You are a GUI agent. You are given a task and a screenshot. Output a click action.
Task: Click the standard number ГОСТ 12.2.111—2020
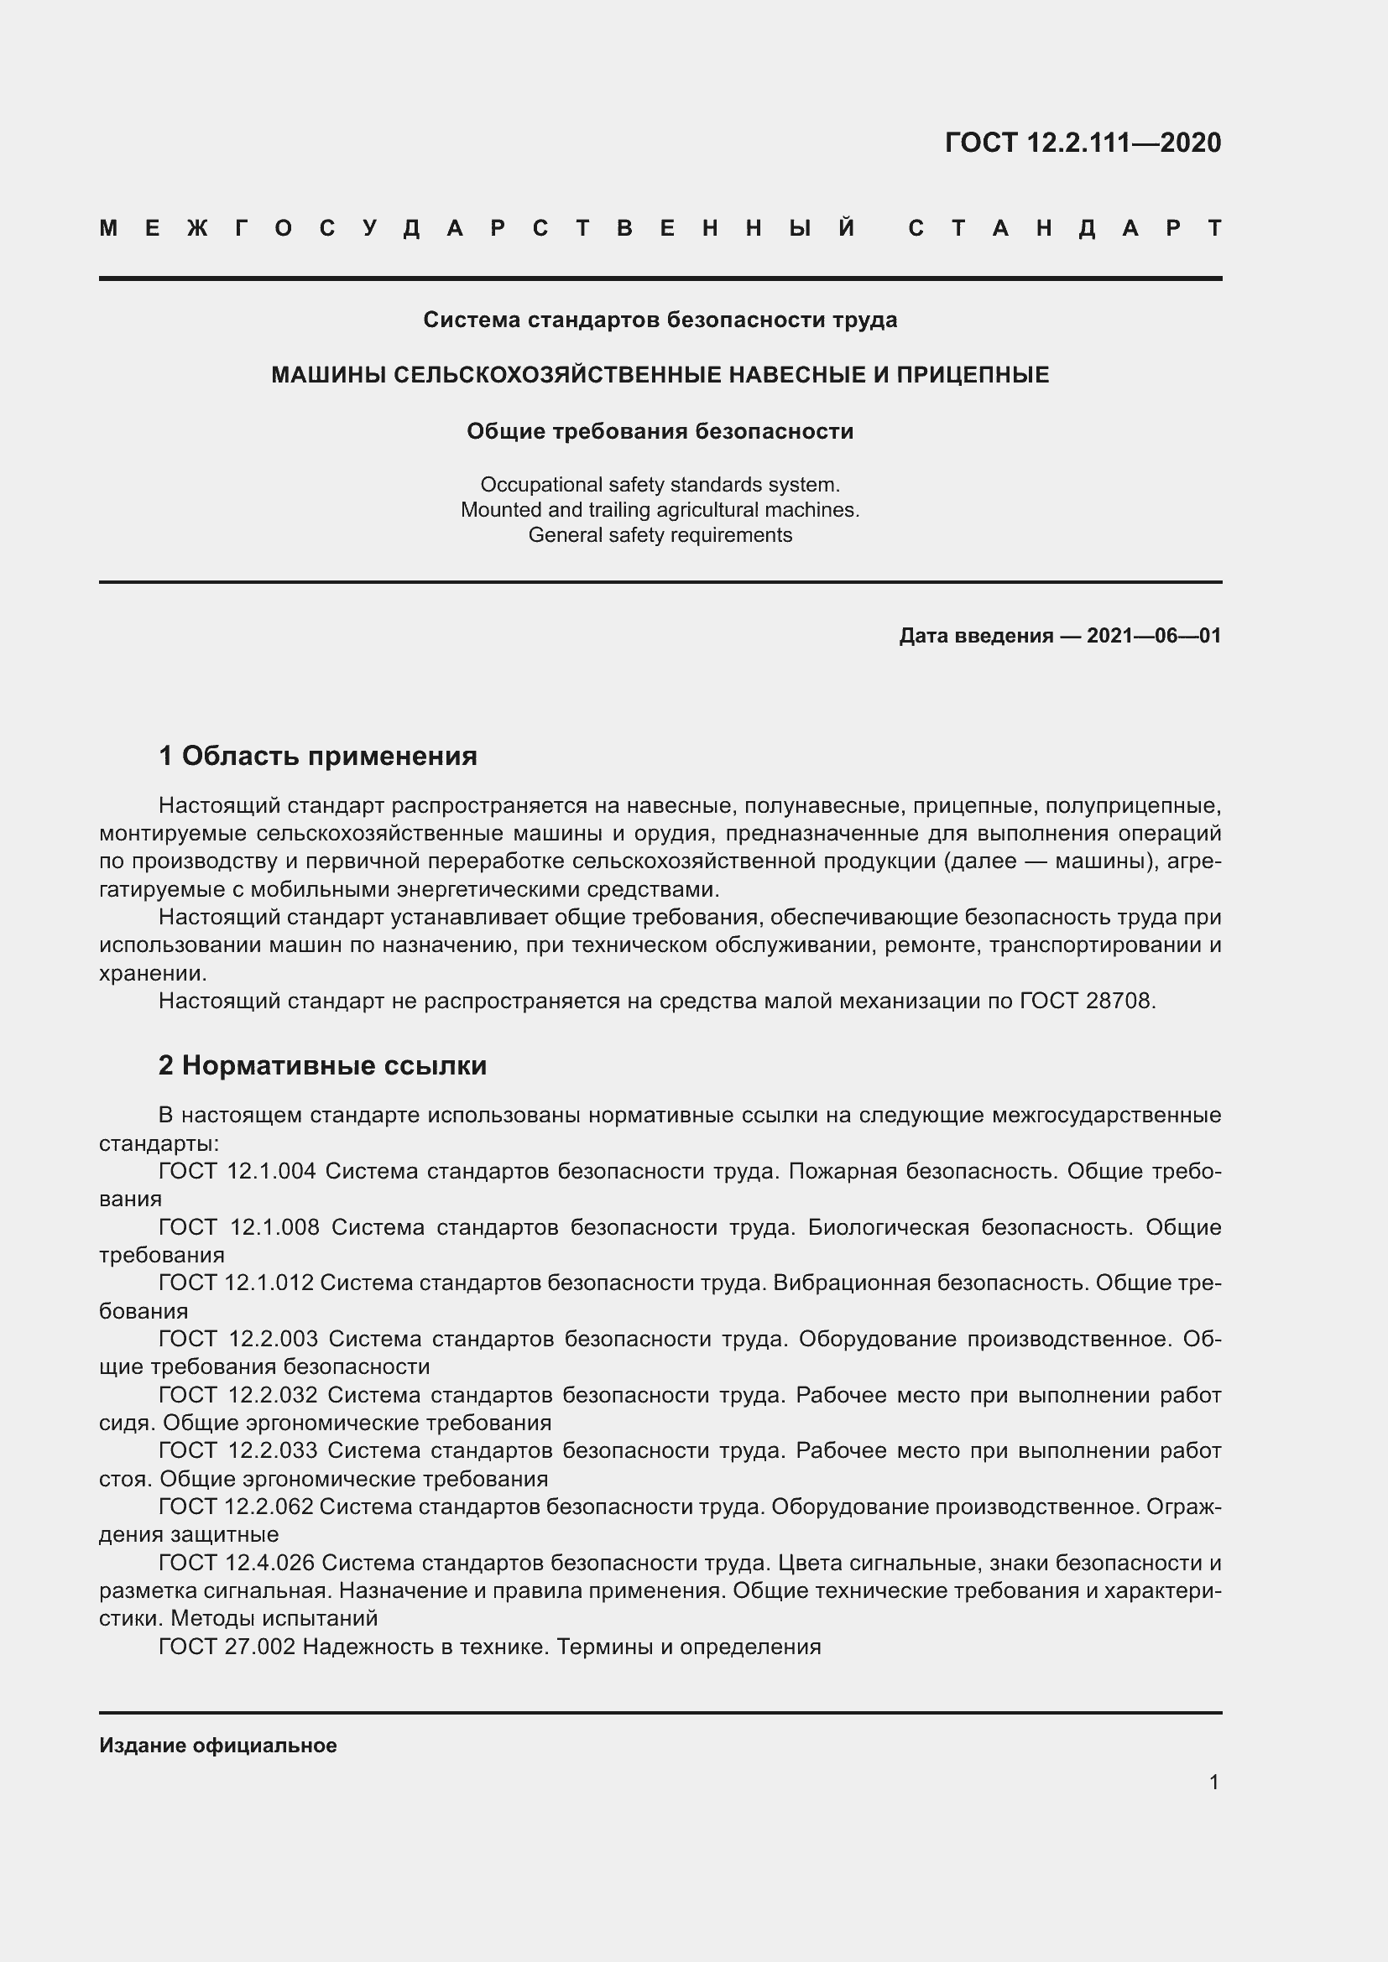tap(1082, 142)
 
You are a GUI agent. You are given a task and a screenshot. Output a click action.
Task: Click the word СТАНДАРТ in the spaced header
tap(1064, 228)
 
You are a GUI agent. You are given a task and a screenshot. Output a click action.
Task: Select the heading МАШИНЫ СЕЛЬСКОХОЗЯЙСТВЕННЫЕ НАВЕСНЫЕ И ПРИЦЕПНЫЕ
tap(660, 374)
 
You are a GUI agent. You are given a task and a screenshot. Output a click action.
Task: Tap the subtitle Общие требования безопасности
tap(660, 430)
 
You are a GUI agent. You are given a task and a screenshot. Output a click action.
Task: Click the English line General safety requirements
tap(660, 535)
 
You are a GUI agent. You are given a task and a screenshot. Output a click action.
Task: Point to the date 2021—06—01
tap(1153, 635)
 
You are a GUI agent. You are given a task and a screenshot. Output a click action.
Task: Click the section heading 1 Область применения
tap(318, 756)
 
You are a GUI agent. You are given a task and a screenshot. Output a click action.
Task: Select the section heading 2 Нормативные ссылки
tap(322, 1064)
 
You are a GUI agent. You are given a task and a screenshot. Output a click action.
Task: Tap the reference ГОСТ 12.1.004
tap(237, 1171)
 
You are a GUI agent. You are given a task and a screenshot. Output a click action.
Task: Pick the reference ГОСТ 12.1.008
tap(238, 1227)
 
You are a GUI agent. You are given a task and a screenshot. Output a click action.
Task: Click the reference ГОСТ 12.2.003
tap(237, 1338)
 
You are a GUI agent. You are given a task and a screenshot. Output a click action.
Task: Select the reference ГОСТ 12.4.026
tap(237, 1563)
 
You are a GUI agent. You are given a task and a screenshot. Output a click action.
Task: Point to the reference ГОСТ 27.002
tap(227, 1647)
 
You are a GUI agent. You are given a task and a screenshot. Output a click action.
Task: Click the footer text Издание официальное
tap(218, 1745)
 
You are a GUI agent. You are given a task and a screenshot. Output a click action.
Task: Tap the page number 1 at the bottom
tap(1213, 1782)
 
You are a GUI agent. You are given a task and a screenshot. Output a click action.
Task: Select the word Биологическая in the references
tap(888, 1227)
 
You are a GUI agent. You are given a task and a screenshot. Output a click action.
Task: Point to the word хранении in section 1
tap(152, 973)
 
